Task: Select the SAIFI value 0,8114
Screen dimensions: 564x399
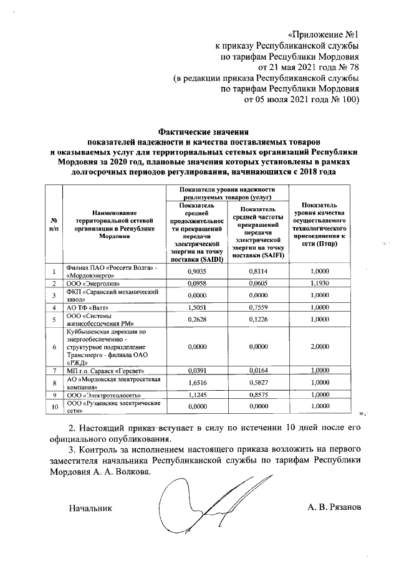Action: (257, 271)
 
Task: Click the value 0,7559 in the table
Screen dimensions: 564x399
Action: (257, 307)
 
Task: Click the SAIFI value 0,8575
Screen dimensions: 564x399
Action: (257, 395)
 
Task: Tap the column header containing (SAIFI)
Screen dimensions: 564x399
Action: (257, 234)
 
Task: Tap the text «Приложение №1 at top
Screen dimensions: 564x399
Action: (324, 34)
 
